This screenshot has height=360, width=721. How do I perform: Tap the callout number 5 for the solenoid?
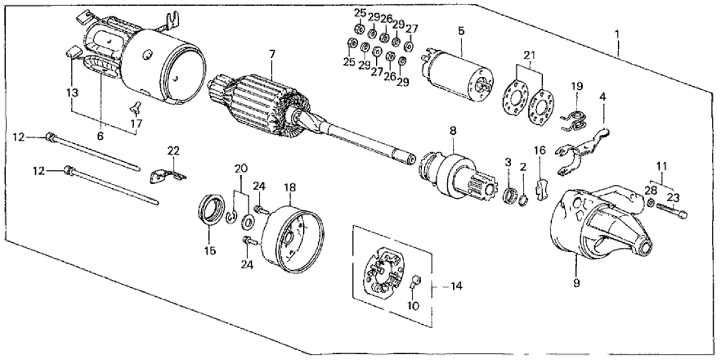pos(460,31)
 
